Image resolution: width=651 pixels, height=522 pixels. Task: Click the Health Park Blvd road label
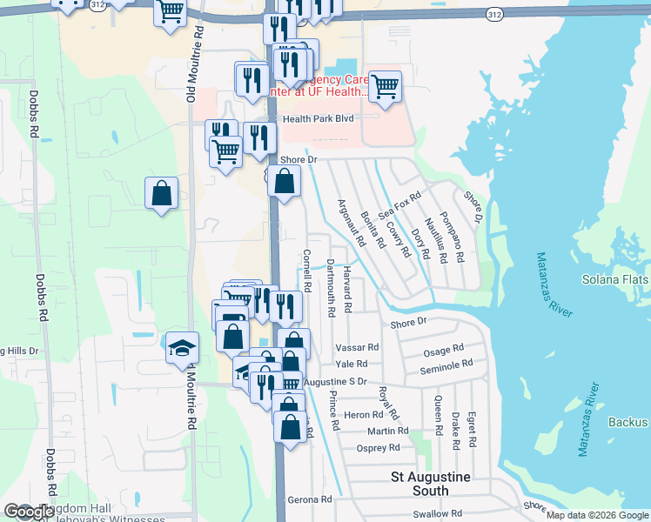pos(319,118)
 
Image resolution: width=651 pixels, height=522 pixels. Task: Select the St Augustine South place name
pos(431,484)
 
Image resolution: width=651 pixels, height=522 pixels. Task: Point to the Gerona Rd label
pos(311,499)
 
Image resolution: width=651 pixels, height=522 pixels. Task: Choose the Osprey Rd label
pos(379,447)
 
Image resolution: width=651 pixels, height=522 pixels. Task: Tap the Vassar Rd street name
pos(357,346)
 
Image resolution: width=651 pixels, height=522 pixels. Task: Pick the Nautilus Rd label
pos(437,241)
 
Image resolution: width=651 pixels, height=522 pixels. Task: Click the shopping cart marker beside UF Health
pos(385,87)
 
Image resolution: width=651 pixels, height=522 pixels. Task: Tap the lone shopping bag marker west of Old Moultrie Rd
pos(162,193)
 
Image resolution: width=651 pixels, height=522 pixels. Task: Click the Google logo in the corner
pos(29,512)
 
